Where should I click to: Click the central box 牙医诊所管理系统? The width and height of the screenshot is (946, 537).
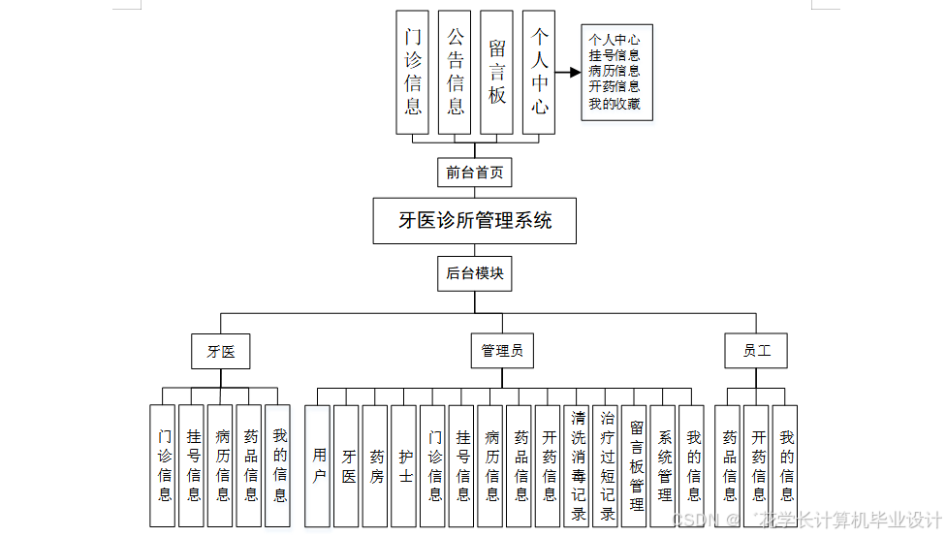point(475,221)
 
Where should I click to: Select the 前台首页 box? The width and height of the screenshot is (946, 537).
point(474,173)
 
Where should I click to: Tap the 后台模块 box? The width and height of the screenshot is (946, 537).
point(474,273)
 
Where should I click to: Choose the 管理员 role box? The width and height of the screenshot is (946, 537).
point(502,351)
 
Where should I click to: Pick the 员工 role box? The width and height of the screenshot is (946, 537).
point(756,351)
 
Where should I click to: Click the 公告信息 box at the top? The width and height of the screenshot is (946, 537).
point(456,72)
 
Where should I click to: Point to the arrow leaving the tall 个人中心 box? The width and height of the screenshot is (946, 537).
point(568,72)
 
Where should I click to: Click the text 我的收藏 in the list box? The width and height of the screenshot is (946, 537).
point(615,104)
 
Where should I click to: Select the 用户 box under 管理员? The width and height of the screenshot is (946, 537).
point(320,465)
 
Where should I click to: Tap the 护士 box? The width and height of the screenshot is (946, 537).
point(405,465)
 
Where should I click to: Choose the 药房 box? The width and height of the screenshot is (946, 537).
point(376,465)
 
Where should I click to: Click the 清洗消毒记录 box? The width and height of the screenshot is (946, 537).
point(578,465)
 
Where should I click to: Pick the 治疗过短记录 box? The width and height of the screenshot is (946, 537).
point(607,465)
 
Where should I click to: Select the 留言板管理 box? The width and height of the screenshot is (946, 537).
point(636,465)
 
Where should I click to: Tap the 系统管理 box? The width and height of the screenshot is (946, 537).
point(664,465)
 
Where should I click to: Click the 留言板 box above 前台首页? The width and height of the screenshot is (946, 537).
point(497,72)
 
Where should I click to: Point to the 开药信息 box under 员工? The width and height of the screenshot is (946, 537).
point(758,465)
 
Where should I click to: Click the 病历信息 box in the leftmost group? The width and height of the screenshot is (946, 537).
point(222,465)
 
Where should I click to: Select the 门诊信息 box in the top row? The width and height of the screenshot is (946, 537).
point(413,72)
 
